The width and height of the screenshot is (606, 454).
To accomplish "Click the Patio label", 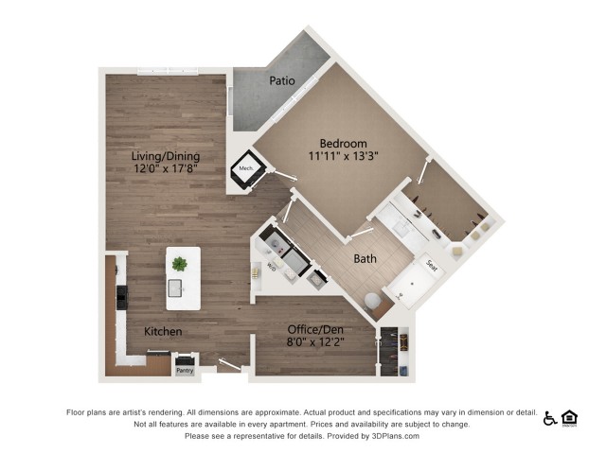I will tap(281, 80).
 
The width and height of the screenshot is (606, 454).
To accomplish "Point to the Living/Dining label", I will tap(165, 156).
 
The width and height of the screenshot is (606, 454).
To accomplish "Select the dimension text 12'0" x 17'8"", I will tap(165, 170).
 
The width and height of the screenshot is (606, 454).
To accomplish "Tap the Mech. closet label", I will tap(245, 170).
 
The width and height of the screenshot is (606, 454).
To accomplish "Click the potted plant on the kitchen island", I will tap(180, 263).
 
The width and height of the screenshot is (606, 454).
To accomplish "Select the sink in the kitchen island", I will tap(177, 288).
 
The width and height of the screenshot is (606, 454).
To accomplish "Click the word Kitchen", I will tap(163, 332).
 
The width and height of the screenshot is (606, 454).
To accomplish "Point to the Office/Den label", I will tap(317, 330).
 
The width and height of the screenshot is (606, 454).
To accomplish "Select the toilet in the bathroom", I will tap(372, 301).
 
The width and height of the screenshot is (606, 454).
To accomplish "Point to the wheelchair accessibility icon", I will tap(550, 418).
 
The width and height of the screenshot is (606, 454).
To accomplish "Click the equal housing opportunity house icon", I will tap(569, 417).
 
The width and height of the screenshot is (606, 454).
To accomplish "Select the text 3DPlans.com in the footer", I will tap(394, 436).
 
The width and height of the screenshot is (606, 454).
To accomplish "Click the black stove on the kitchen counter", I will tap(122, 297).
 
